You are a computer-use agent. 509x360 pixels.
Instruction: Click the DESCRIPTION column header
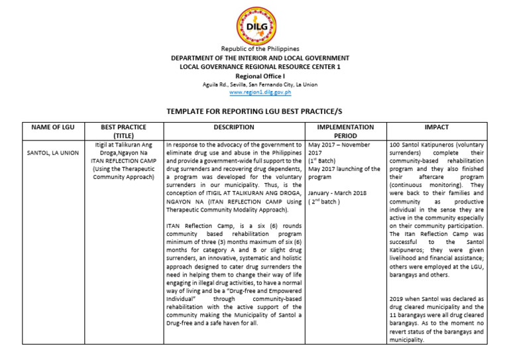coord(233,127)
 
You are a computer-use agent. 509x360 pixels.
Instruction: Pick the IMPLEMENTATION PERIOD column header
coord(345,131)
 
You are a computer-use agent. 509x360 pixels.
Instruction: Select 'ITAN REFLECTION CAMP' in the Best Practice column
coord(123,160)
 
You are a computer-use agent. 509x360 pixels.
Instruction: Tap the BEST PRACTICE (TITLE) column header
coord(123,131)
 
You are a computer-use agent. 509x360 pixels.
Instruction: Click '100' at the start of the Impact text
coord(395,145)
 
